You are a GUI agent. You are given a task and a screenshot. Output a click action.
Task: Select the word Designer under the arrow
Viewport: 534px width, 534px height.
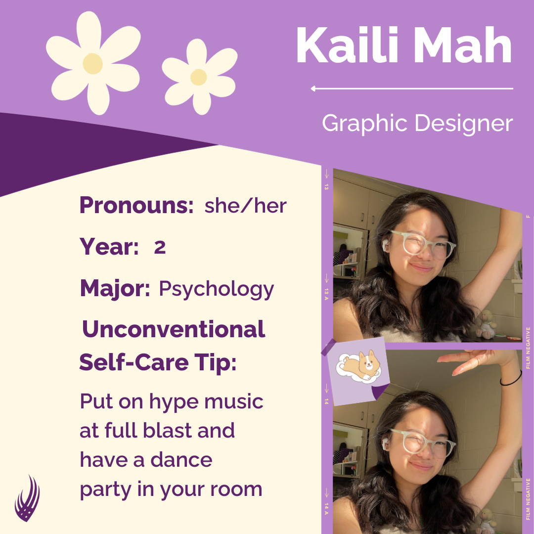[x=464, y=123]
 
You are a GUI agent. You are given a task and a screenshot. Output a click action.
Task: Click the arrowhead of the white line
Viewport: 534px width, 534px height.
[x=313, y=89]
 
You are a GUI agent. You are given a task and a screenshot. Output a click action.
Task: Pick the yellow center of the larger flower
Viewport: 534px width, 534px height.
[x=92, y=63]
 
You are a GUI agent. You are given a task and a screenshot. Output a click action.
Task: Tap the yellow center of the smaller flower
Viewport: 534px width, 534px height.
[x=199, y=77]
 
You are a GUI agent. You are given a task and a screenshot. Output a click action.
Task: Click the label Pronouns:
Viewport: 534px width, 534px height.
[x=136, y=205]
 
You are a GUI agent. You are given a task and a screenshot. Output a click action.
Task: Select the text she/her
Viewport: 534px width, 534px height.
[x=246, y=206]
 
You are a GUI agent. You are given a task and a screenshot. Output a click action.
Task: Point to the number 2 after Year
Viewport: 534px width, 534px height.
[x=160, y=247]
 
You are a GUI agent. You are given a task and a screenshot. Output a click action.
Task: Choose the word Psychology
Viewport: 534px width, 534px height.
[x=217, y=289]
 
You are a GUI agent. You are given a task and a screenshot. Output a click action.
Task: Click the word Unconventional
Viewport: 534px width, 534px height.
[x=174, y=329]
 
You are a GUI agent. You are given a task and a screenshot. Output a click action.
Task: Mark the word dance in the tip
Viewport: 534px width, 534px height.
[x=181, y=459]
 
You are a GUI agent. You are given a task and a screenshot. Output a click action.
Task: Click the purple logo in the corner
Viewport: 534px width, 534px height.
[x=27, y=498]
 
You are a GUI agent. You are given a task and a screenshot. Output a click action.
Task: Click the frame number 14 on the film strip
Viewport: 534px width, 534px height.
[x=326, y=401]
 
